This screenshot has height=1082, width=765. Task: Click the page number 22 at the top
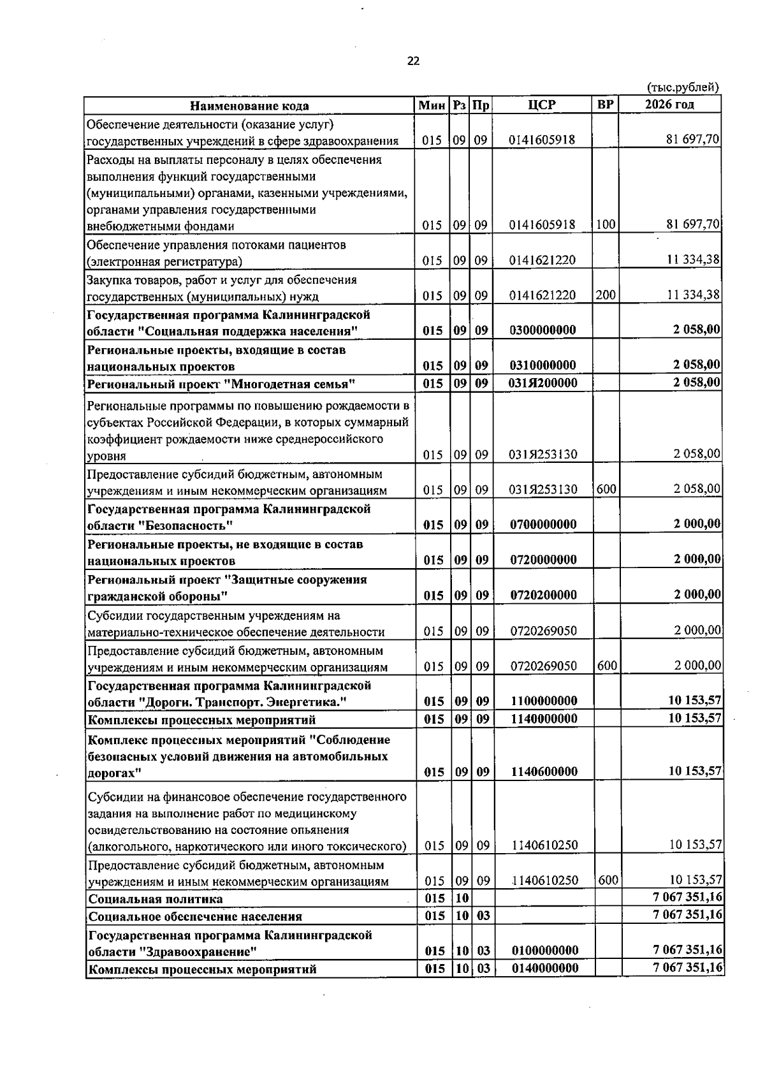coord(413,61)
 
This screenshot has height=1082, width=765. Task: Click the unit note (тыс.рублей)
coord(683,87)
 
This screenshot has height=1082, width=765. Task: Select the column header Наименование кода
coord(249,106)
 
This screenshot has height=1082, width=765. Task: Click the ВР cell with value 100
coord(606,224)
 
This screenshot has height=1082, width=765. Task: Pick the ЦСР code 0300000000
coord(543,330)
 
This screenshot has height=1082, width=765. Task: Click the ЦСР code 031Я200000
coord(543,383)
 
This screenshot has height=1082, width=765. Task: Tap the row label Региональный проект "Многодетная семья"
coord(221,384)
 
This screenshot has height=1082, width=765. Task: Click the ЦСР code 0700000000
coord(543,524)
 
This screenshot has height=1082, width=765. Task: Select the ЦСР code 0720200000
coord(543,595)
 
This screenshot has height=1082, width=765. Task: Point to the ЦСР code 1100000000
coord(544,701)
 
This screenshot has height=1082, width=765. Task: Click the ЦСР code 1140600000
coord(544,771)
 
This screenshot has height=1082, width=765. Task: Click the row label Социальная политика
coord(156,899)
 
